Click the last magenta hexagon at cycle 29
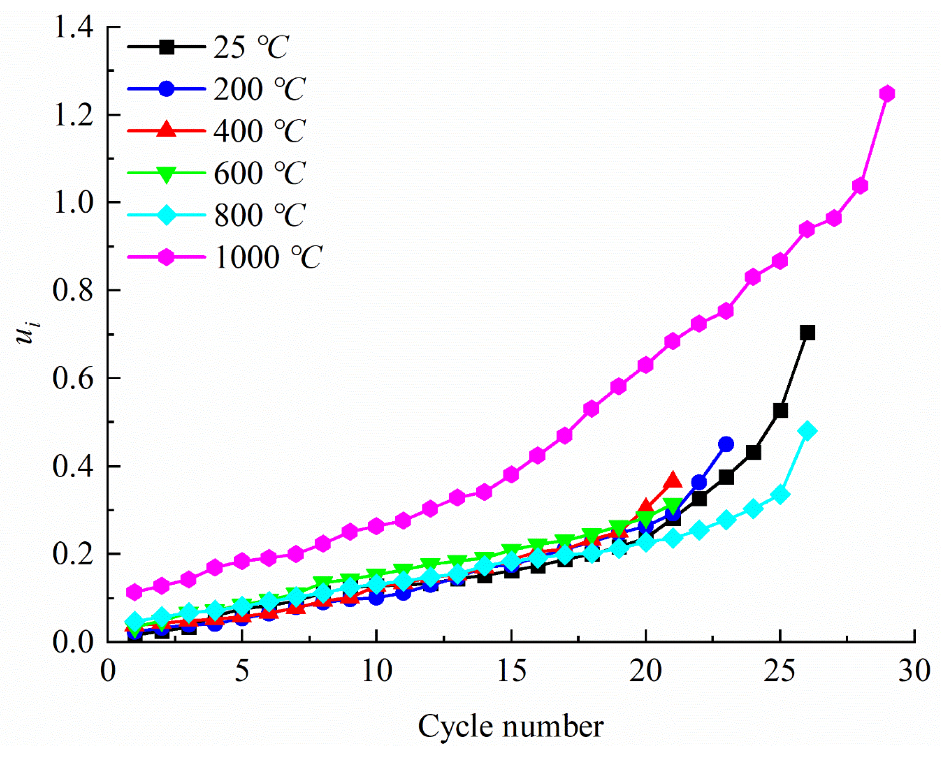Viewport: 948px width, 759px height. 887,94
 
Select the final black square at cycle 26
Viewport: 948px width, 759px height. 807,332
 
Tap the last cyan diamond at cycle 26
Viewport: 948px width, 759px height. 807,430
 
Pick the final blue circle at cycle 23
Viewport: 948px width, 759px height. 726,444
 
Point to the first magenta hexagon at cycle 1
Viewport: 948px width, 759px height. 134,592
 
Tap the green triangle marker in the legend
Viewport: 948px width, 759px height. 166,174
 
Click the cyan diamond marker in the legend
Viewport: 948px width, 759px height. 166,215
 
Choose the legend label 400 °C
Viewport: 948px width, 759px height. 260,131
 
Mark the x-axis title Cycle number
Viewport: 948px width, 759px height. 511,726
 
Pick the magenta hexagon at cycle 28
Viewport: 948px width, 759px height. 860,186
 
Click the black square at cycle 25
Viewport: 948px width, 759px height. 780,411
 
